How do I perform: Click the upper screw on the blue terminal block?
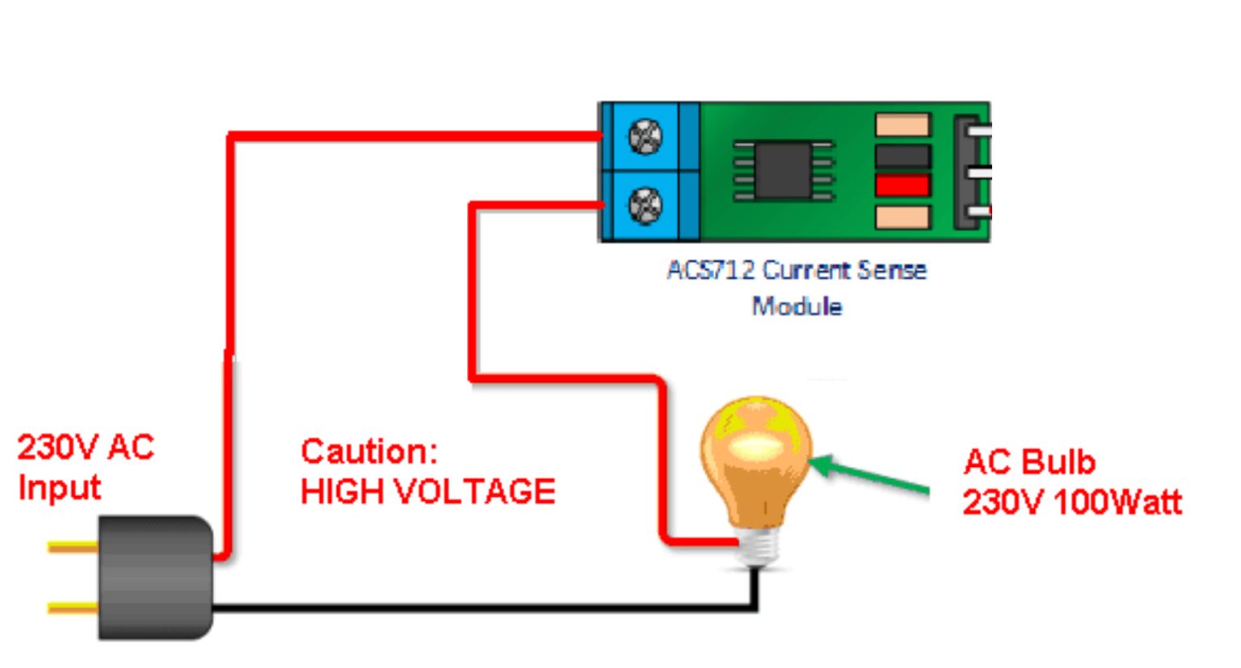(645, 137)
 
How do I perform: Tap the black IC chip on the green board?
(782, 170)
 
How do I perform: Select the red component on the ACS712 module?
(902, 186)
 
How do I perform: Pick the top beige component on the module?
(902, 125)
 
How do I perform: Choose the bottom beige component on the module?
(902, 216)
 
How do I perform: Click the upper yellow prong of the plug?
(73, 548)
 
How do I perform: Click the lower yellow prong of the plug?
(73, 607)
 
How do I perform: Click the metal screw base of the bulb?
(757, 548)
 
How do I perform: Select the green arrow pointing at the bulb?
(873, 477)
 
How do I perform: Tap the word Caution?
(368, 451)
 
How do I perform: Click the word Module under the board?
(797, 307)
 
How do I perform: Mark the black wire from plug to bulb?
(485, 607)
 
